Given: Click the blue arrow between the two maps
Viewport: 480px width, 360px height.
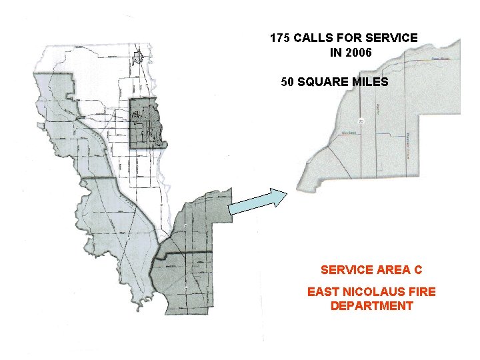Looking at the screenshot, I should [257, 202].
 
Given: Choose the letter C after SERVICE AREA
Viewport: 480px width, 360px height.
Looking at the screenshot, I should [418, 270].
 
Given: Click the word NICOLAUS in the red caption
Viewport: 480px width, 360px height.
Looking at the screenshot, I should [364, 291].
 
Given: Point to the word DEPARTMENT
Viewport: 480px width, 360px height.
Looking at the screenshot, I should [371, 306].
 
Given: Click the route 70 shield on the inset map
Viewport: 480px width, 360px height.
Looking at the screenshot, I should [361, 121].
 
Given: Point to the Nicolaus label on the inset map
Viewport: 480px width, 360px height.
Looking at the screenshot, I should [349, 132].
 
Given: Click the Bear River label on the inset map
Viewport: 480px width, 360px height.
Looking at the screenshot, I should [441, 59].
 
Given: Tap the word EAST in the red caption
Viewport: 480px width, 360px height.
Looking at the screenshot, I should [322, 291].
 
